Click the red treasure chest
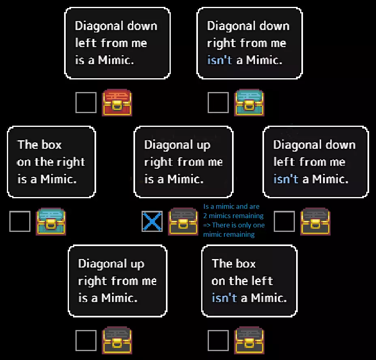coord(117,103)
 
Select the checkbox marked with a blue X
coord(152,221)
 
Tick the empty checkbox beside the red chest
coord(86,102)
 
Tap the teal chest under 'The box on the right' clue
coord(51,221)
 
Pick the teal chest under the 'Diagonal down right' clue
coord(249,103)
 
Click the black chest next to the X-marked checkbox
coord(183,221)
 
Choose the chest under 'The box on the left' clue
coord(249,341)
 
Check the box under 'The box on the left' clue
coord(218,341)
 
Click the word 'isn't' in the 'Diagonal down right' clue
coord(220,60)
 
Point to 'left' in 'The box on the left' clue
coord(263,281)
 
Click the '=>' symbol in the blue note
coord(207,225)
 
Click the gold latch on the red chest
coord(117,105)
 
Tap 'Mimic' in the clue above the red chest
coord(115,60)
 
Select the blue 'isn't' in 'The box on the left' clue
coord(224,298)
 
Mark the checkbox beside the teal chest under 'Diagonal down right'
coord(218,102)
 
